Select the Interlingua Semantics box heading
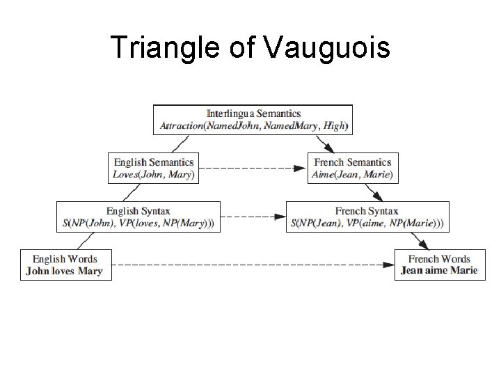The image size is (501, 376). pyautogui.click(x=254, y=113)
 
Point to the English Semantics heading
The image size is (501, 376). pyautogui.click(x=154, y=162)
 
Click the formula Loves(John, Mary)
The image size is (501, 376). pyautogui.click(x=154, y=175)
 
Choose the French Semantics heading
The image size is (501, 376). pyautogui.click(x=354, y=162)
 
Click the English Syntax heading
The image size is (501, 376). pyautogui.click(x=138, y=210)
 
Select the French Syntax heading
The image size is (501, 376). pyautogui.click(x=367, y=210)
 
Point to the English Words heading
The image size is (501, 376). pyautogui.click(x=64, y=259)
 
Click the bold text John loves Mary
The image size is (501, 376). pyautogui.click(x=64, y=271)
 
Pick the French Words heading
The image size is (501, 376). pyautogui.click(x=439, y=259)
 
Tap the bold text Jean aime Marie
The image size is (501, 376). pyautogui.click(x=439, y=271)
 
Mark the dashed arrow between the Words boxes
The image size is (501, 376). pyautogui.click(x=250, y=265)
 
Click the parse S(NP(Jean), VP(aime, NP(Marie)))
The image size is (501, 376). pyautogui.click(x=367, y=224)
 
